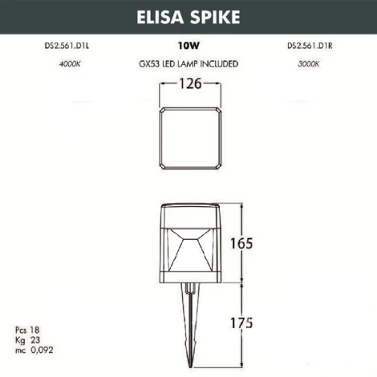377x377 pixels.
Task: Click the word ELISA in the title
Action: (x=161, y=17)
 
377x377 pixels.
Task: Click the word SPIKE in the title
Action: (x=211, y=17)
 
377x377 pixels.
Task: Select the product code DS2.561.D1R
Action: (x=310, y=47)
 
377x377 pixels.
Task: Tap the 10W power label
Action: (x=188, y=47)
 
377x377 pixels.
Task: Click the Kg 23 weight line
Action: (x=26, y=341)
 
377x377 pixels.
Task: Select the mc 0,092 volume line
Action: (x=34, y=351)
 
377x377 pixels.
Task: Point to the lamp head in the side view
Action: (x=188, y=245)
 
